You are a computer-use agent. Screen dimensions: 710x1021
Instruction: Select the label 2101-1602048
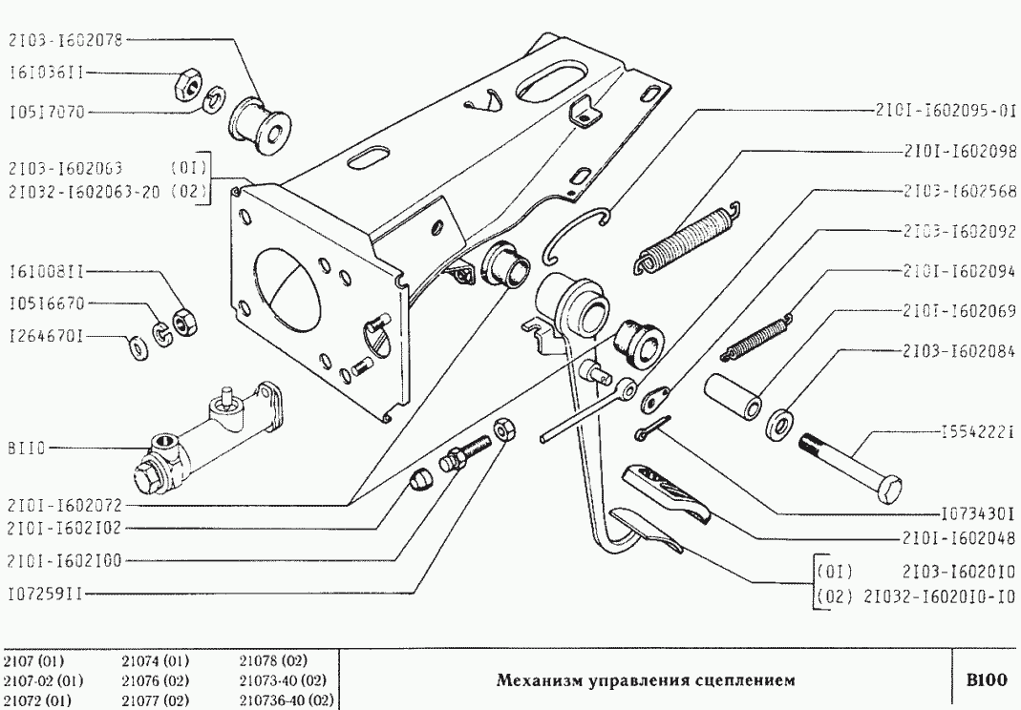958,536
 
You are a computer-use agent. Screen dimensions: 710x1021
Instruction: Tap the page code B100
986,680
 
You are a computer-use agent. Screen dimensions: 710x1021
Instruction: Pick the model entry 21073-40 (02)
283,680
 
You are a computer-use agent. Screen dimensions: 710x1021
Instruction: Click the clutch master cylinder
205,441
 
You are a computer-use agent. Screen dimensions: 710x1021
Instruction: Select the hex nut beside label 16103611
186,88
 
